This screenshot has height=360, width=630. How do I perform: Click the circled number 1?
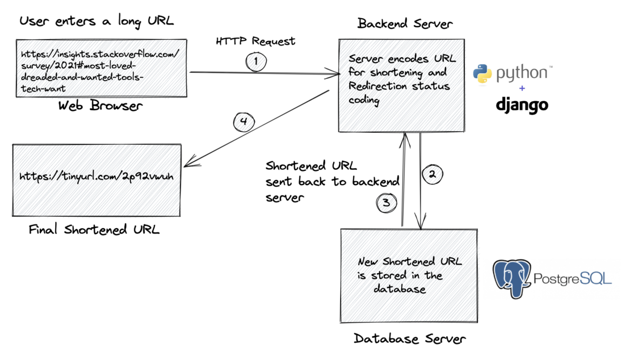pos(256,62)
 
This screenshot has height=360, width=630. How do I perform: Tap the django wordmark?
pos(522,104)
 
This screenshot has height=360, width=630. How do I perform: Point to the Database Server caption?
pos(410,339)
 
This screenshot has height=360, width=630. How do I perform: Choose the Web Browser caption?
pos(100,106)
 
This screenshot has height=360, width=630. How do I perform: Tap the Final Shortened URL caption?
pos(94,230)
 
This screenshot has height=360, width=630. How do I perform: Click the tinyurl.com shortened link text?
pos(96,176)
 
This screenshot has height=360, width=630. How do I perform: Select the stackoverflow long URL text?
pos(100,68)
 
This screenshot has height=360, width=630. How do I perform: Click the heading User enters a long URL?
pos(96,21)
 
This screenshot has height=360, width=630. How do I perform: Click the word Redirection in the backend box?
pos(377,86)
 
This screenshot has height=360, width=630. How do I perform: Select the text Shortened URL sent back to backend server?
pos(332,182)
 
